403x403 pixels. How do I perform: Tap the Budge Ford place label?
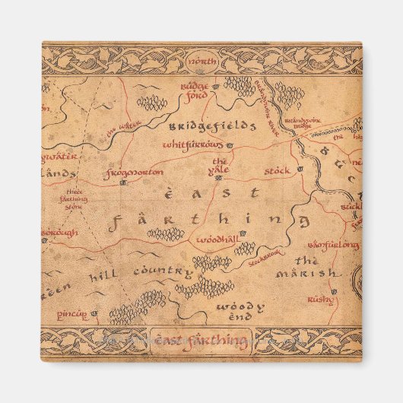tap(194, 91)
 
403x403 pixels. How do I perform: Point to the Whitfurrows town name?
tap(194, 144)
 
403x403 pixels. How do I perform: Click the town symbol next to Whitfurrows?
tap(230, 144)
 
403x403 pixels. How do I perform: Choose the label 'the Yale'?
tap(220, 165)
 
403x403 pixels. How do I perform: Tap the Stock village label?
tap(278, 171)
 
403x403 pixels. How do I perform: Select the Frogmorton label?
tap(135, 172)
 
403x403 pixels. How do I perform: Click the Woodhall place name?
tap(217, 240)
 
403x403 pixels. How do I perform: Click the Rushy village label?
tap(320, 300)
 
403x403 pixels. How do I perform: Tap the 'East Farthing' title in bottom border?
tap(201, 340)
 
